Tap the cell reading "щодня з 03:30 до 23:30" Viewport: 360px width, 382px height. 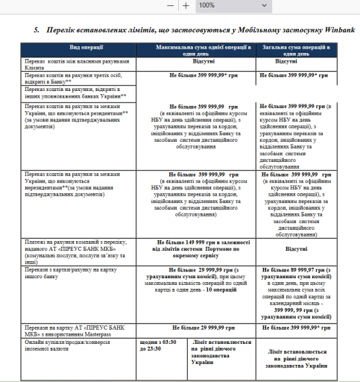tap(155, 325)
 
